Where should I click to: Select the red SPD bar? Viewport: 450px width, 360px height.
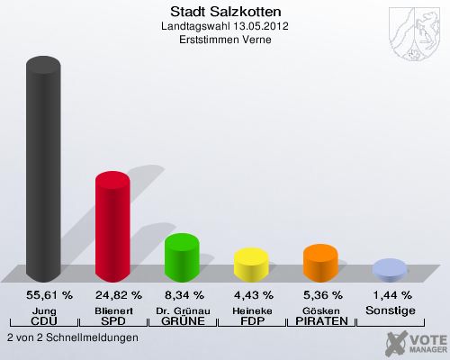tap(112, 225)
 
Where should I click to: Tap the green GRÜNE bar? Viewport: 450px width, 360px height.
tap(182, 256)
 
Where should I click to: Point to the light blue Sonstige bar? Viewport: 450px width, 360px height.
tap(390, 268)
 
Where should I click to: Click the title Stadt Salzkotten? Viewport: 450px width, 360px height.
tap(225, 12)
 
